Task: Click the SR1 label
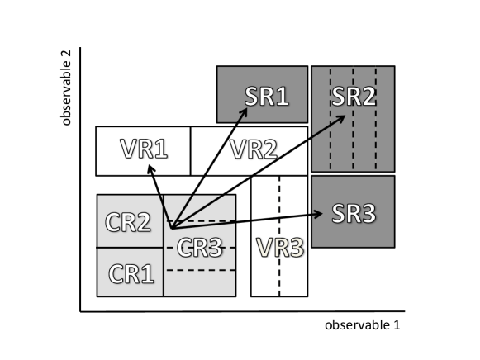click(266, 95)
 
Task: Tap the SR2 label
click(354, 95)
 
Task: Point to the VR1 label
click(143, 150)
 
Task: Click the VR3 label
click(279, 247)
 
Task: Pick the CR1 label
click(130, 273)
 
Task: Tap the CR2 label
click(130, 222)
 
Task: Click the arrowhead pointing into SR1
click(245, 111)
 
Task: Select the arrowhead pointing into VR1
click(150, 167)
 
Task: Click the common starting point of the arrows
click(169, 225)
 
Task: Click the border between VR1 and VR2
click(191, 151)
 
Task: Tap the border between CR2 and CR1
click(130, 247)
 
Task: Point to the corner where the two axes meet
click(80, 311)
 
